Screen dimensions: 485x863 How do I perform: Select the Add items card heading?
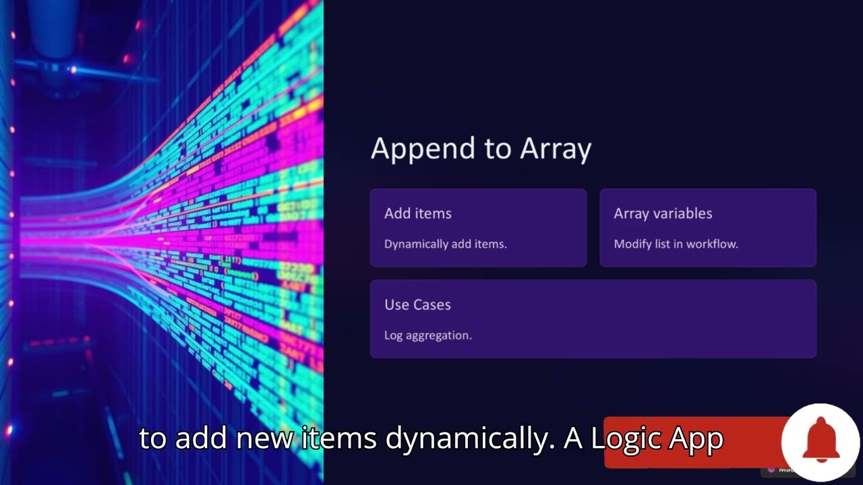coord(417,214)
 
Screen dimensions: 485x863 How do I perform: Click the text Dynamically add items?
coord(445,244)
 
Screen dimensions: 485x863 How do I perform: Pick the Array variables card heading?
coord(662,214)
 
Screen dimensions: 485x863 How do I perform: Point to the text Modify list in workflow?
coord(676,244)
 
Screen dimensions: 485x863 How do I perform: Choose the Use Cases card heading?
coord(417,304)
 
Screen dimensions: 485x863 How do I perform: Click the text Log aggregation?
coord(427,335)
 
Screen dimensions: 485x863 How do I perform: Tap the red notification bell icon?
coord(820,441)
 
